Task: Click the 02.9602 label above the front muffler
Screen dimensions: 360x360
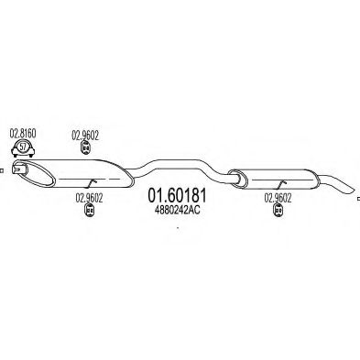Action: (86, 134)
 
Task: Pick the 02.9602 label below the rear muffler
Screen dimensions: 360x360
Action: (279, 196)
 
